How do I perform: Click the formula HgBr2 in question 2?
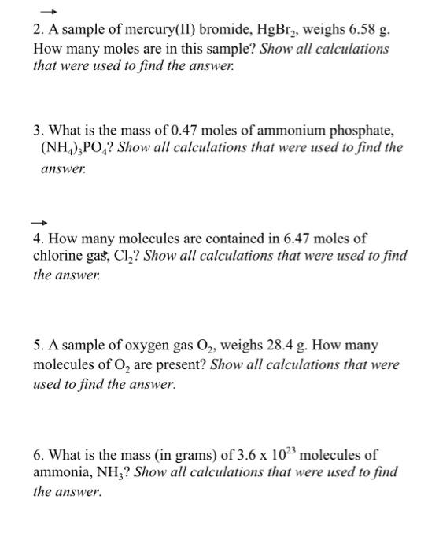[x=290, y=30]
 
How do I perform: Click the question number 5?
[x=39, y=346]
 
